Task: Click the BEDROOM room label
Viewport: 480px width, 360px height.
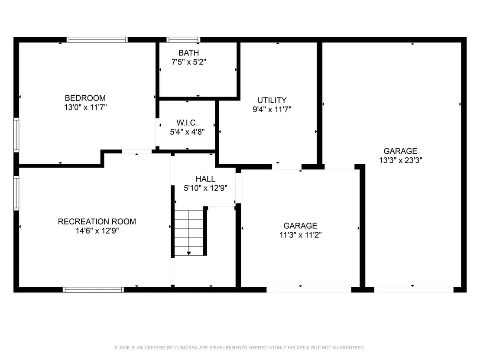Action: pyautogui.click(x=85, y=98)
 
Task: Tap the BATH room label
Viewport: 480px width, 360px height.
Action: pyautogui.click(x=188, y=53)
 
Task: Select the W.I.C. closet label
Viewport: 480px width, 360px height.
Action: pyautogui.click(x=187, y=123)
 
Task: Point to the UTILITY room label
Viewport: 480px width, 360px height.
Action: pyautogui.click(x=272, y=100)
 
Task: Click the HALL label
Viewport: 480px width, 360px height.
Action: pyautogui.click(x=205, y=179)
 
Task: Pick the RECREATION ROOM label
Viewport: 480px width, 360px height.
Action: pyautogui.click(x=97, y=221)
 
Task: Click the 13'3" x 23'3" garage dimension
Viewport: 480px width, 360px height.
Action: pyautogui.click(x=400, y=160)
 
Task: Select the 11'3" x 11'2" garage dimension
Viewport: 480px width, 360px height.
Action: pyautogui.click(x=300, y=235)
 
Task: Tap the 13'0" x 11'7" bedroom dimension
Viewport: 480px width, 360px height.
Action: pyautogui.click(x=85, y=107)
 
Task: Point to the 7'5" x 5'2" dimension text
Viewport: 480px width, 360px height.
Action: pyautogui.click(x=188, y=62)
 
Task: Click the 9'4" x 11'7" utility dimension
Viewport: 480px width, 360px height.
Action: pyautogui.click(x=272, y=109)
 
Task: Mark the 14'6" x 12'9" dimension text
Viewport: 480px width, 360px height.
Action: pyautogui.click(x=97, y=230)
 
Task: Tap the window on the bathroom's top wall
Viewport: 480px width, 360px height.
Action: pyautogui.click(x=183, y=39)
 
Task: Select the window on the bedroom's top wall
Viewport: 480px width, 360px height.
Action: pyautogui.click(x=97, y=39)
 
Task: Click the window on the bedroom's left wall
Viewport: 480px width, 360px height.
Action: pyautogui.click(x=16, y=135)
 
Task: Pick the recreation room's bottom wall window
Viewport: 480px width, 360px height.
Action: pyautogui.click(x=94, y=289)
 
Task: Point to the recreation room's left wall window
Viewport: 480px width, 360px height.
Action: pyautogui.click(x=16, y=193)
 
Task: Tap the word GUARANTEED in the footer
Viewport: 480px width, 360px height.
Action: pyautogui.click(x=349, y=347)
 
